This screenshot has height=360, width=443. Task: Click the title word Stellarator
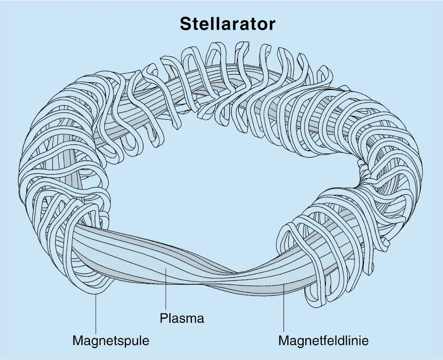pos(227,24)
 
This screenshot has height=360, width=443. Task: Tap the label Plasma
pos(182,318)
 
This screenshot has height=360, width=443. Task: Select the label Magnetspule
pos(111,340)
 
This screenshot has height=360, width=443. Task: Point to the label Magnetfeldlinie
pos(323,340)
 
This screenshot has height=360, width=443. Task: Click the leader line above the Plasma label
pos(166,291)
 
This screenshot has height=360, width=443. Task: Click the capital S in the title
pos(186,24)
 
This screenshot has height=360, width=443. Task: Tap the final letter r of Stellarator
pos(272,25)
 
